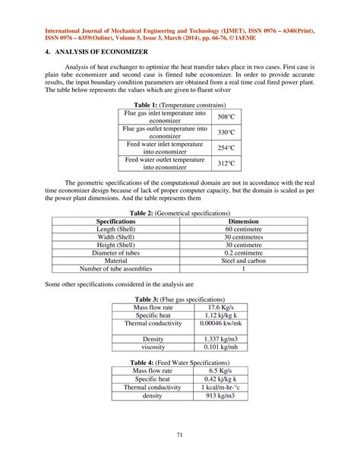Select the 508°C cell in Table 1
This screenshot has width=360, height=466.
click(x=226, y=117)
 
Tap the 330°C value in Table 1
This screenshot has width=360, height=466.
click(x=226, y=132)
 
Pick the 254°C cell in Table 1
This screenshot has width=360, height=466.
click(x=226, y=147)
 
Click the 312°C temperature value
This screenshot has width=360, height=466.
click(x=226, y=163)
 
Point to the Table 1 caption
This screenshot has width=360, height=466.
click(x=179, y=105)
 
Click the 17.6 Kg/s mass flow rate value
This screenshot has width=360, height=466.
click(x=219, y=307)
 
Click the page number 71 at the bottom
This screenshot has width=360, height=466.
click(x=179, y=435)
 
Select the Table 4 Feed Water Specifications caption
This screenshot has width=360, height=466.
click(x=179, y=361)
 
